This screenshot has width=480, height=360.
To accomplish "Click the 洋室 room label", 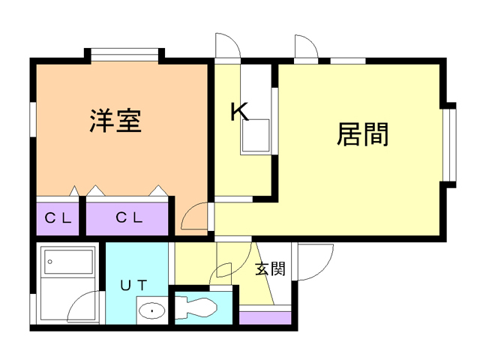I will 117,121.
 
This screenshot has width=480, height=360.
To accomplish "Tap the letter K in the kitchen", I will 238,112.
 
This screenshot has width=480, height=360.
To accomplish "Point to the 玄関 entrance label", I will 270,268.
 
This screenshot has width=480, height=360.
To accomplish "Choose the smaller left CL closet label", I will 58,218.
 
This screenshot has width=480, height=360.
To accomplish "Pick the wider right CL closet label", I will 129,218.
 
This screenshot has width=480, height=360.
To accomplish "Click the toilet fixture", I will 196,307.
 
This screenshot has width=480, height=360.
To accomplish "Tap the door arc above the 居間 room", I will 307,46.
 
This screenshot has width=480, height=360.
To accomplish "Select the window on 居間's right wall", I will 449,145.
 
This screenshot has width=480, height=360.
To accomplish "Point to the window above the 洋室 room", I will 125,54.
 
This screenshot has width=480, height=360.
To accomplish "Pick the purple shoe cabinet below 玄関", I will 265,318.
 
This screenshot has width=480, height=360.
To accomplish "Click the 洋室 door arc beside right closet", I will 193,218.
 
